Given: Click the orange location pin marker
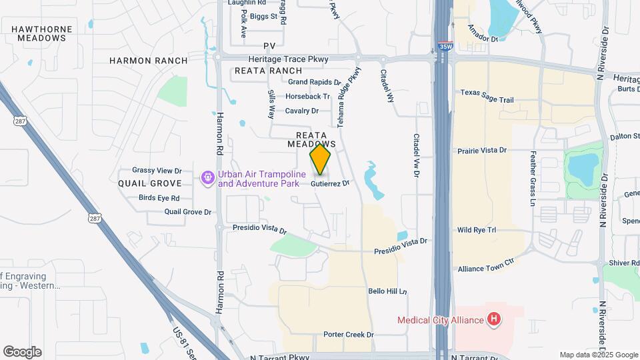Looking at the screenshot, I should point(320,160).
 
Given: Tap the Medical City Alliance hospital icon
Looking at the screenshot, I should point(493,320).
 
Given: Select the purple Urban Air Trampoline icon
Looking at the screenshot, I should point(208,178).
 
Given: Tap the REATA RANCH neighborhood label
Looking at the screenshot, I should point(268,71).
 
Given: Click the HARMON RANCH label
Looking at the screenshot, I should point(149,60).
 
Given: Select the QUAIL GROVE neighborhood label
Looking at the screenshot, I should point(150,183).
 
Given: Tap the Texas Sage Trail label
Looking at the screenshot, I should point(487,100).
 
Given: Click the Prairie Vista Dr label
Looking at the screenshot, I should point(483,151).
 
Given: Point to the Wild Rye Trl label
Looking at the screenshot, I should point(477,230).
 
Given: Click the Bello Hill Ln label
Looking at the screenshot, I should point(387,291).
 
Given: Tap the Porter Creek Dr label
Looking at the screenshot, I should point(348,335).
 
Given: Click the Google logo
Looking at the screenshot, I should point(22,352).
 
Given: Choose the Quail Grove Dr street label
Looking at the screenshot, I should point(188,212).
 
